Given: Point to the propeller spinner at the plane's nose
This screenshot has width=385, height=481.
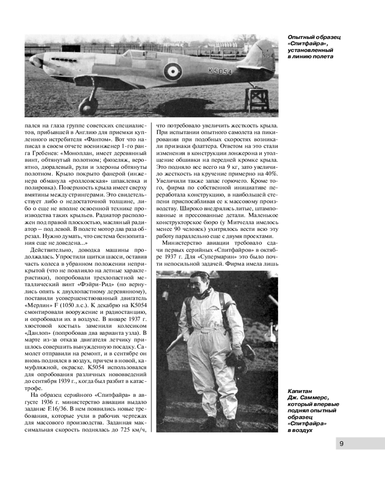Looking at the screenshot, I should point(35,61).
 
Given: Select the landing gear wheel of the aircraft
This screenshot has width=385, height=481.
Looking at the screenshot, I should point(89,105).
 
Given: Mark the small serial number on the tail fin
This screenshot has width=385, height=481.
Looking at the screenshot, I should point(267,54).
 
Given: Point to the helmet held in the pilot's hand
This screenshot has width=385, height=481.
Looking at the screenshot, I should point(236,358).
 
